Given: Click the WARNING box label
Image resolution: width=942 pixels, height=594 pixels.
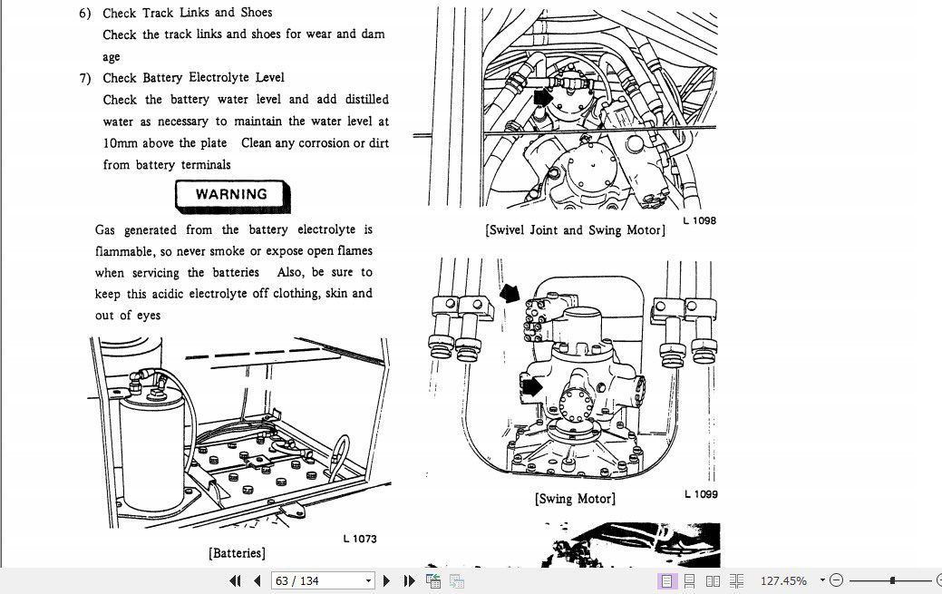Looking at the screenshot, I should coord(232,195).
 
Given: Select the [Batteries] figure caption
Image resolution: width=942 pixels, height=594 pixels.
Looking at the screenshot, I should coord(237,552).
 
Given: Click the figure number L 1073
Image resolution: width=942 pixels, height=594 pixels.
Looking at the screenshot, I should coord(359,539).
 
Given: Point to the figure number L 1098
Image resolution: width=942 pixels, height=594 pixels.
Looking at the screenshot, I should coord(699,220).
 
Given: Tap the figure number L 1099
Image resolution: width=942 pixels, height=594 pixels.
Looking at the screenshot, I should coord(700,494).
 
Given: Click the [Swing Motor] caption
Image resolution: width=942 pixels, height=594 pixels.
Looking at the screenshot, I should coord(575,499).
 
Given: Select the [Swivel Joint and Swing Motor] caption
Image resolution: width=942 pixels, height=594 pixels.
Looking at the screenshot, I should coord(575,230).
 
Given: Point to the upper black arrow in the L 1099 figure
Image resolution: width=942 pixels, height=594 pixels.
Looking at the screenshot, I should coord(511,293).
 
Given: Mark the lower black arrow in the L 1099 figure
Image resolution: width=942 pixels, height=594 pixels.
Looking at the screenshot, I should coord(532,387).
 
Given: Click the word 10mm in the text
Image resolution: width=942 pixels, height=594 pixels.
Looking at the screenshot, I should coord(120,143).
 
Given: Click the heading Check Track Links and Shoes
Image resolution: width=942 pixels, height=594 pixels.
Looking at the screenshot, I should coord(187,13).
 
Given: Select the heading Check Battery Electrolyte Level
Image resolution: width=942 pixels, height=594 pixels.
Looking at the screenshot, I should coord(193,78).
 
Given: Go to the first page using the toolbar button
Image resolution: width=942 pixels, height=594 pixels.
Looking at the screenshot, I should coord(236,580).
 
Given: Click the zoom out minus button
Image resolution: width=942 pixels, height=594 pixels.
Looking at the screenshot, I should coord(836,580).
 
